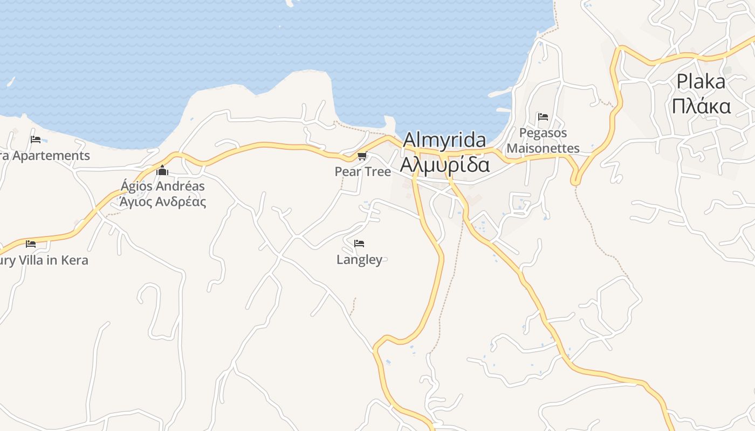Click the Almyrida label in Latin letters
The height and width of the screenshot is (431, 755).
pyautogui.click(x=444, y=140)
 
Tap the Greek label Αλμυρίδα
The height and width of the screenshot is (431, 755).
pyautogui.click(x=444, y=164)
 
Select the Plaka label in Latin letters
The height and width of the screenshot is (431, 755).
pyautogui.click(x=701, y=82)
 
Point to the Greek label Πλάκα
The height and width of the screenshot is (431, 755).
pyautogui.click(x=701, y=106)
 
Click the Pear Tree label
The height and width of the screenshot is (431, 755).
pyautogui.click(x=362, y=172)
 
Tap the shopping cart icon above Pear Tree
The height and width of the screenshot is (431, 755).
pyautogui.click(x=362, y=156)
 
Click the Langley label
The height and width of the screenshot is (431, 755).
pyautogui.click(x=359, y=260)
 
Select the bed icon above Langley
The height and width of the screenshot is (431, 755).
pyautogui.click(x=359, y=244)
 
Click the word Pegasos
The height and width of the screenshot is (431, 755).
pyautogui.click(x=543, y=133)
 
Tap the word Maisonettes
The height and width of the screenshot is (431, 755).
pyautogui.click(x=543, y=149)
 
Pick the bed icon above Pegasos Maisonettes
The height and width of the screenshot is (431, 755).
pyautogui.click(x=543, y=116)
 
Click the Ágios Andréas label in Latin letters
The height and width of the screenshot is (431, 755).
pyautogui.click(x=162, y=186)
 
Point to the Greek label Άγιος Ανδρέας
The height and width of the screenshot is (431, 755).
pyautogui.click(x=162, y=202)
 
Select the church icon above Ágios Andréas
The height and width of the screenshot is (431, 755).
pyautogui.click(x=162, y=171)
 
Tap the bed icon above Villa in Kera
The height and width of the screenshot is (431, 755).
pyautogui.click(x=31, y=244)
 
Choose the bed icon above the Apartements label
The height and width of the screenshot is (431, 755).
pyautogui.click(x=36, y=140)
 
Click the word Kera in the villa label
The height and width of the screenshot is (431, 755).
pyautogui.click(x=74, y=261)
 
